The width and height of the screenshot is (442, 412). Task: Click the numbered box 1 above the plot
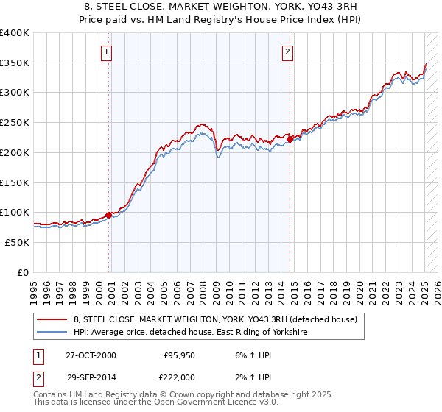point(108,51)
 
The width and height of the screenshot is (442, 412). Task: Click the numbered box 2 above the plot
point(287,51)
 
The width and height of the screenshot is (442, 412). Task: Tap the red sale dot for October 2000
point(109,215)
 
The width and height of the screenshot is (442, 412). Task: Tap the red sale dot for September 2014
point(290,138)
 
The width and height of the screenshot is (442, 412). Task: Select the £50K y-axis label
point(18,242)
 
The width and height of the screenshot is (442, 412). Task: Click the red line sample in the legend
point(52,319)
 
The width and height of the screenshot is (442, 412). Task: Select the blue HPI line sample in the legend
point(52,333)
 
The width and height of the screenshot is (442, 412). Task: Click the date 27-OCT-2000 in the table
point(91,355)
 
